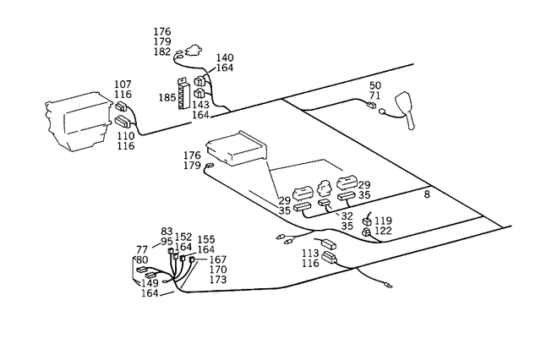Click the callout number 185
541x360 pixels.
[x=167, y=98]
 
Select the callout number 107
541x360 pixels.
[x=123, y=85]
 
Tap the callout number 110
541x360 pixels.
[x=125, y=136]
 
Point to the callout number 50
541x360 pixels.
[x=375, y=86]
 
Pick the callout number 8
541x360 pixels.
[x=427, y=194]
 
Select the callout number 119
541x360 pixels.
[x=383, y=221]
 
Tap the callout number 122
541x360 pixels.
[x=383, y=231]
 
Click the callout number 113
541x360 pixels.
[x=309, y=254]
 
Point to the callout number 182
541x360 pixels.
[x=162, y=52]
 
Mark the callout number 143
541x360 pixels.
[x=200, y=105]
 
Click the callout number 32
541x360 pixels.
[x=347, y=216]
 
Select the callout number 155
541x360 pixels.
[x=206, y=239]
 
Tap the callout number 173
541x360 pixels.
[x=218, y=280]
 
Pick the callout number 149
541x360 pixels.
[x=150, y=284]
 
